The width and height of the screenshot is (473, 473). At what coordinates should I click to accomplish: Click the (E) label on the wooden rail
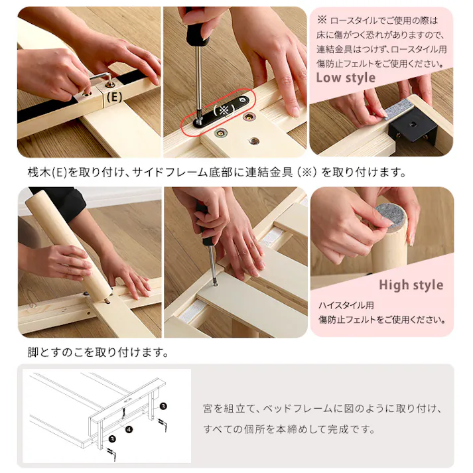[x=114, y=96]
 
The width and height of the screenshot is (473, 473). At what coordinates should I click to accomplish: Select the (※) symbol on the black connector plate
[x=224, y=110]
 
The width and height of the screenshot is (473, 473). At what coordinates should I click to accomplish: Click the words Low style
[x=345, y=78]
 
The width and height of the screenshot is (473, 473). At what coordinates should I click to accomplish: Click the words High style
[x=411, y=285]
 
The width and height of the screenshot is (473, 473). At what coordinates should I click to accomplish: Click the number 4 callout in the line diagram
[x=129, y=431]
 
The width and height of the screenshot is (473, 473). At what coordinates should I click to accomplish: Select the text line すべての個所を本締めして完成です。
[x=289, y=429]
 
